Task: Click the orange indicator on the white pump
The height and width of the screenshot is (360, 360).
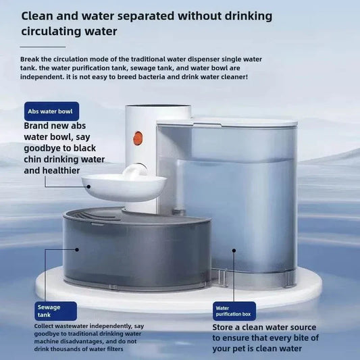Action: coord(138,138)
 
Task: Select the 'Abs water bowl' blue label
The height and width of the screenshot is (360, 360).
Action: coord(51,111)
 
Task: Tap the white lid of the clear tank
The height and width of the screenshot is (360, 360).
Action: coord(226,124)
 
